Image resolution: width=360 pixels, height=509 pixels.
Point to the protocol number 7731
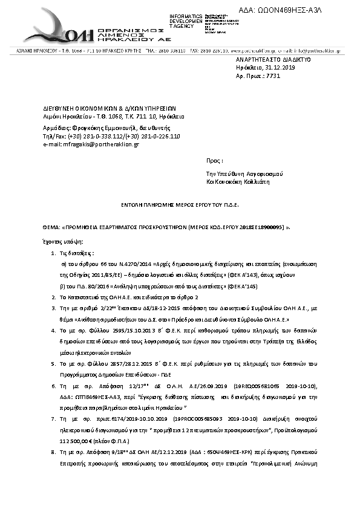(x=274, y=77)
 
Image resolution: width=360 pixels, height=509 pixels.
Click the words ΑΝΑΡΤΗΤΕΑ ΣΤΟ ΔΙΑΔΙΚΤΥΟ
(x=273, y=60)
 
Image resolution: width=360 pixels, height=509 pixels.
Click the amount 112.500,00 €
(x=74, y=439)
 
